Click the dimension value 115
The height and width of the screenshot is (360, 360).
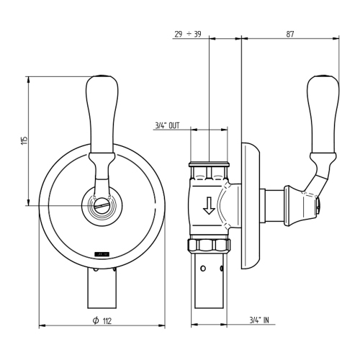[24, 139]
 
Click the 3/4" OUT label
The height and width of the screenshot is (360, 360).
[171, 125]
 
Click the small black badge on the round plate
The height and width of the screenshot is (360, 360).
[99, 253]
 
